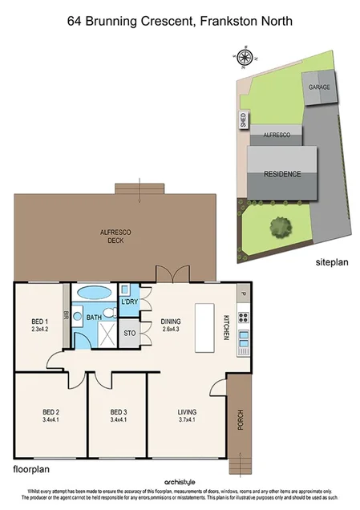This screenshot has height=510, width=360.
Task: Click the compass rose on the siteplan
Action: [x=245, y=57]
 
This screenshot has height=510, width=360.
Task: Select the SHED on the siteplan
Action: [x=243, y=120]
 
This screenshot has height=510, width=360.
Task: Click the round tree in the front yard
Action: [x=280, y=227]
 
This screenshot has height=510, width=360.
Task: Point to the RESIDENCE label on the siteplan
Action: [x=282, y=174]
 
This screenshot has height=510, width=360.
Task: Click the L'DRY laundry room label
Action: [x=129, y=302]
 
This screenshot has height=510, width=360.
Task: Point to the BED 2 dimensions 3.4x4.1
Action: [x=52, y=419]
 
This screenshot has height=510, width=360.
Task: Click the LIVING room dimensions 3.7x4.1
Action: [x=187, y=419]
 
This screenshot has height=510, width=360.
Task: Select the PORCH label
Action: [x=239, y=419]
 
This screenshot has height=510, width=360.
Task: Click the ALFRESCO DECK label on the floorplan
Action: [x=115, y=235]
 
